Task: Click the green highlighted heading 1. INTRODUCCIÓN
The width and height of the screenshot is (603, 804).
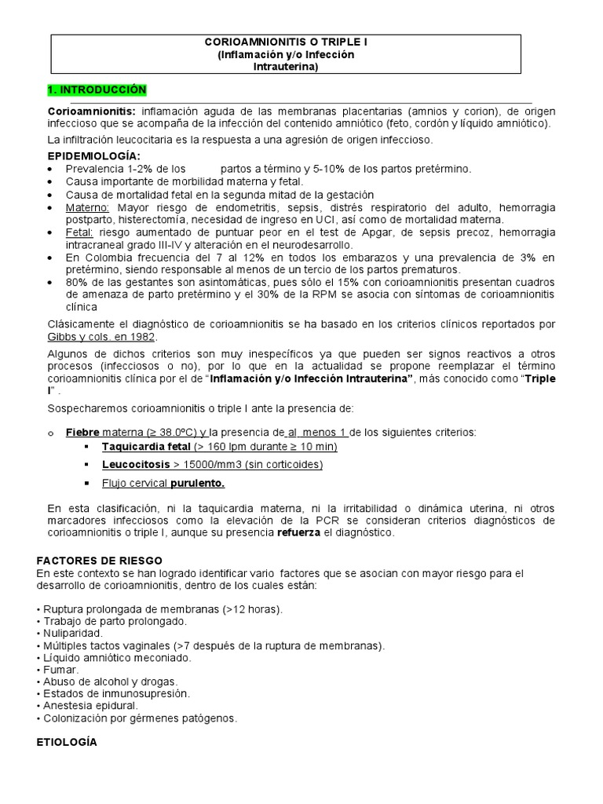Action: click(x=97, y=90)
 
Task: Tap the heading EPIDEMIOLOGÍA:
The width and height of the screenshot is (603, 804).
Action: click(x=94, y=156)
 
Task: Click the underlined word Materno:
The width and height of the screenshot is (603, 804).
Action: click(x=86, y=207)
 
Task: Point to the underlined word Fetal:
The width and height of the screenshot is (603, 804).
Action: click(x=81, y=232)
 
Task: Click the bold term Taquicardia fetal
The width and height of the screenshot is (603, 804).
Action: click(x=146, y=446)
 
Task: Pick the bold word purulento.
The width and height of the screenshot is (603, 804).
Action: click(x=199, y=482)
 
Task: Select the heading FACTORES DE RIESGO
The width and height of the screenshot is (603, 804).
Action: click(x=100, y=560)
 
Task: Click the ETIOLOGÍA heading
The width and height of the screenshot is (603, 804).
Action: click(x=68, y=741)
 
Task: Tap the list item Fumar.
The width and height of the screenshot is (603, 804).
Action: click(x=59, y=670)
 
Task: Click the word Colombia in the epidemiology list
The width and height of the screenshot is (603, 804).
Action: click(x=108, y=258)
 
